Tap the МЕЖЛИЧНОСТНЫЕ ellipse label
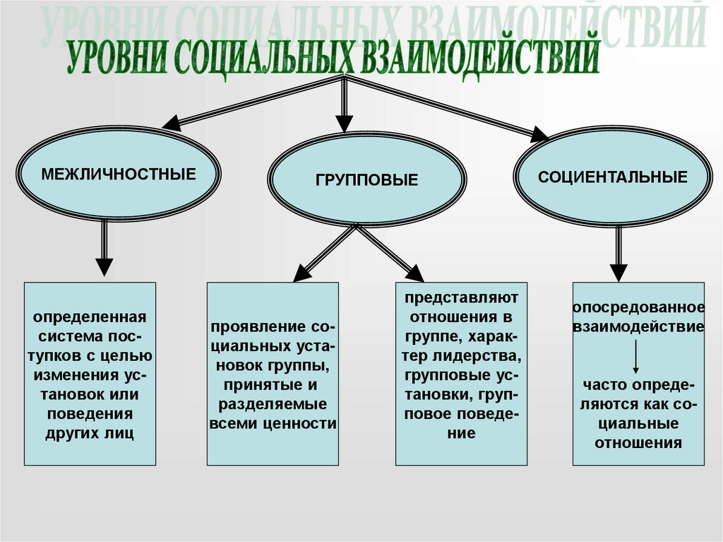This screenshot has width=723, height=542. tap(118, 174)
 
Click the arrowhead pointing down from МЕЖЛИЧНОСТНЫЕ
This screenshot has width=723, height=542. tap(104, 266)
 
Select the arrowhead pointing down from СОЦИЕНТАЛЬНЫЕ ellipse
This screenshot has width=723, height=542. tap(619, 272)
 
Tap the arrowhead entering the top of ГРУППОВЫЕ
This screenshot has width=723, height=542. tap(344, 124)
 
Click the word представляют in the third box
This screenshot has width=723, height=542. tap(462, 296)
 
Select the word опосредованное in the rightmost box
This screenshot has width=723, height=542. tap(638, 308)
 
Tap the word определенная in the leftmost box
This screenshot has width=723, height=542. tap(90, 316)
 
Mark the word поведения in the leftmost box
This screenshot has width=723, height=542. tap(90, 413)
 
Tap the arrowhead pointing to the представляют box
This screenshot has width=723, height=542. tap(415, 273)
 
